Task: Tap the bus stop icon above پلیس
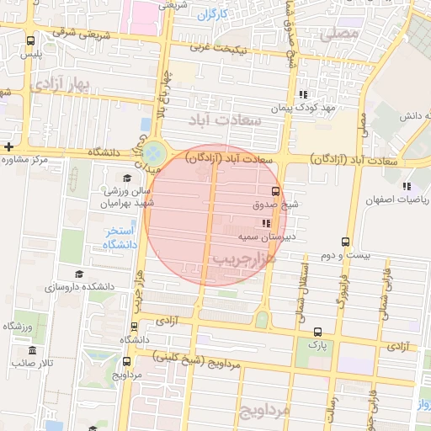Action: pos(31,40)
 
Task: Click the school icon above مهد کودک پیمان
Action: pos(303,94)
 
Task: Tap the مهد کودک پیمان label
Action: pos(303,109)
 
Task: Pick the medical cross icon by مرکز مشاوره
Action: pos(8,146)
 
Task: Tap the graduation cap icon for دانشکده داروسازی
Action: pos(79,274)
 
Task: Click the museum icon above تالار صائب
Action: pos(33,349)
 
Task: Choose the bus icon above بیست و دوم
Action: pos(345,241)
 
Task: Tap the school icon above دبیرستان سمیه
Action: pos(266,223)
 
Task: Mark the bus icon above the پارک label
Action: pos(317,332)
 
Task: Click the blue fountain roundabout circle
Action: pos(154,154)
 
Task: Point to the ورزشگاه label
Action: pos(18,326)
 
